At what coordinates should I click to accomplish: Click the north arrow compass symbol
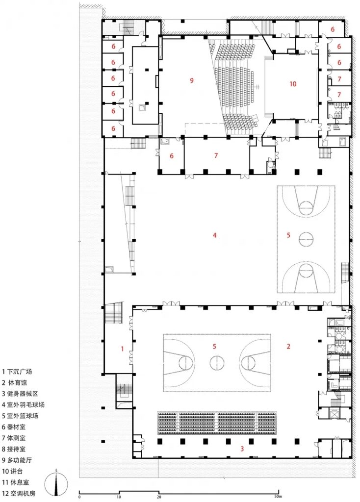[56, 483]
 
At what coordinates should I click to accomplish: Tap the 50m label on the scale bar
[278, 497]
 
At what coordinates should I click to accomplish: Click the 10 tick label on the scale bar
[119, 497]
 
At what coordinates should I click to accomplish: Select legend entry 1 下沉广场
[17, 372]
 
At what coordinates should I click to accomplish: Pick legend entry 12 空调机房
[19, 493]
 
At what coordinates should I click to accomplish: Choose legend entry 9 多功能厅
[17, 460]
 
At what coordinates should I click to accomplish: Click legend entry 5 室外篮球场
[20, 416]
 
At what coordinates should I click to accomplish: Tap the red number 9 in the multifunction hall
[192, 80]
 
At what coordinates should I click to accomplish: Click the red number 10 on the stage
[293, 84]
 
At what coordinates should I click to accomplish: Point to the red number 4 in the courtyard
[215, 235]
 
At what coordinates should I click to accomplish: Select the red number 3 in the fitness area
[242, 449]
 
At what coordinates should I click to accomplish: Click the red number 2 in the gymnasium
[288, 346]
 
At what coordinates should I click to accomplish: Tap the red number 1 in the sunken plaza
[122, 349]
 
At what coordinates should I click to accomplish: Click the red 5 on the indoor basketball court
[215, 346]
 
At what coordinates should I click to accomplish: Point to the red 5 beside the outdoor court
[288, 235]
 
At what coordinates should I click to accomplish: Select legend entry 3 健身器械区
[20, 394]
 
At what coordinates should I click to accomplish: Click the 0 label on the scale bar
[79, 497]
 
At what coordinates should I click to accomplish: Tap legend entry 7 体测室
[14, 438]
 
